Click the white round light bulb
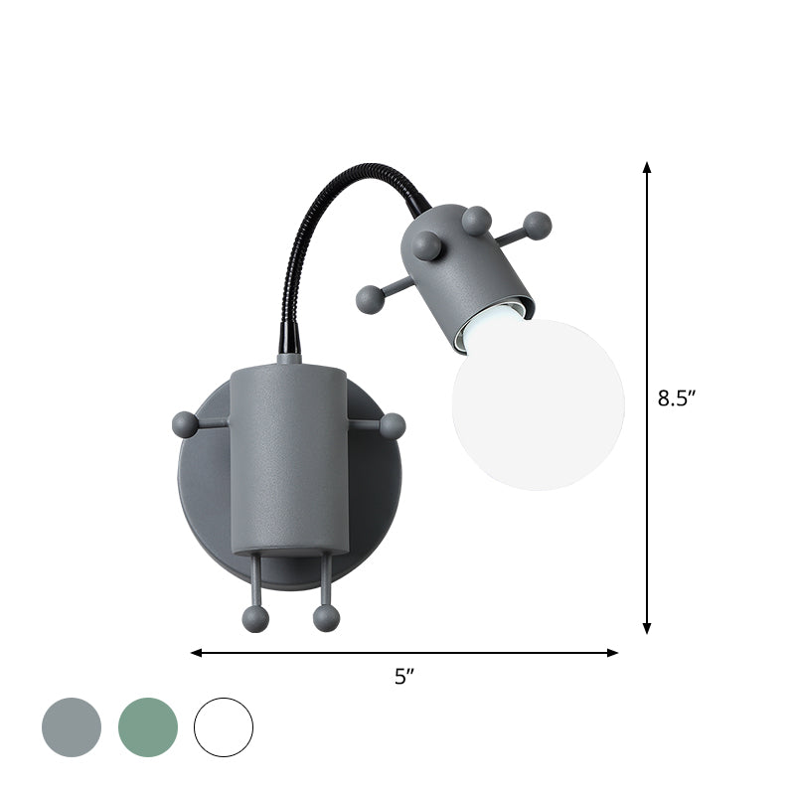(x=539, y=404)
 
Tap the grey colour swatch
(x=72, y=727)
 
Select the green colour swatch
(x=148, y=727)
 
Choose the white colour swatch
(x=224, y=727)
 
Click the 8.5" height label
(x=677, y=399)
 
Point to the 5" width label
(x=403, y=678)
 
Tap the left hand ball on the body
(x=185, y=425)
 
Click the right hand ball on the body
(x=393, y=426)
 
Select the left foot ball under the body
(x=255, y=619)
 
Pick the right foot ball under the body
(x=326, y=618)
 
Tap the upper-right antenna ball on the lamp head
(x=538, y=226)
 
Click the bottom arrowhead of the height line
(x=647, y=628)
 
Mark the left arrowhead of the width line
(x=196, y=653)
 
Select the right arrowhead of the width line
(x=613, y=653)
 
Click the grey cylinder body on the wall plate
(x=289, y=457)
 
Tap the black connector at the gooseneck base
(x=287, y=339)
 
